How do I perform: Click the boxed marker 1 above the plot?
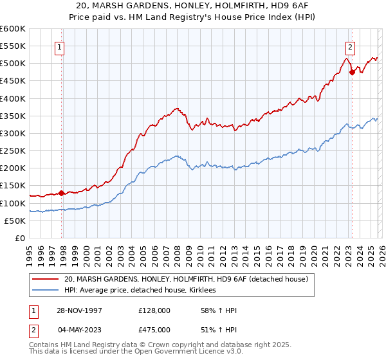pos(59,46)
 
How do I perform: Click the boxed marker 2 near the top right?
pos(350,46)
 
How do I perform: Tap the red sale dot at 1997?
pos(62,192)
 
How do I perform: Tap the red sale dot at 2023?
pos(352,72)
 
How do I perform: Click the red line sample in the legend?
pos(46,279)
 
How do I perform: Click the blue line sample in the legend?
pos(46,291)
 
